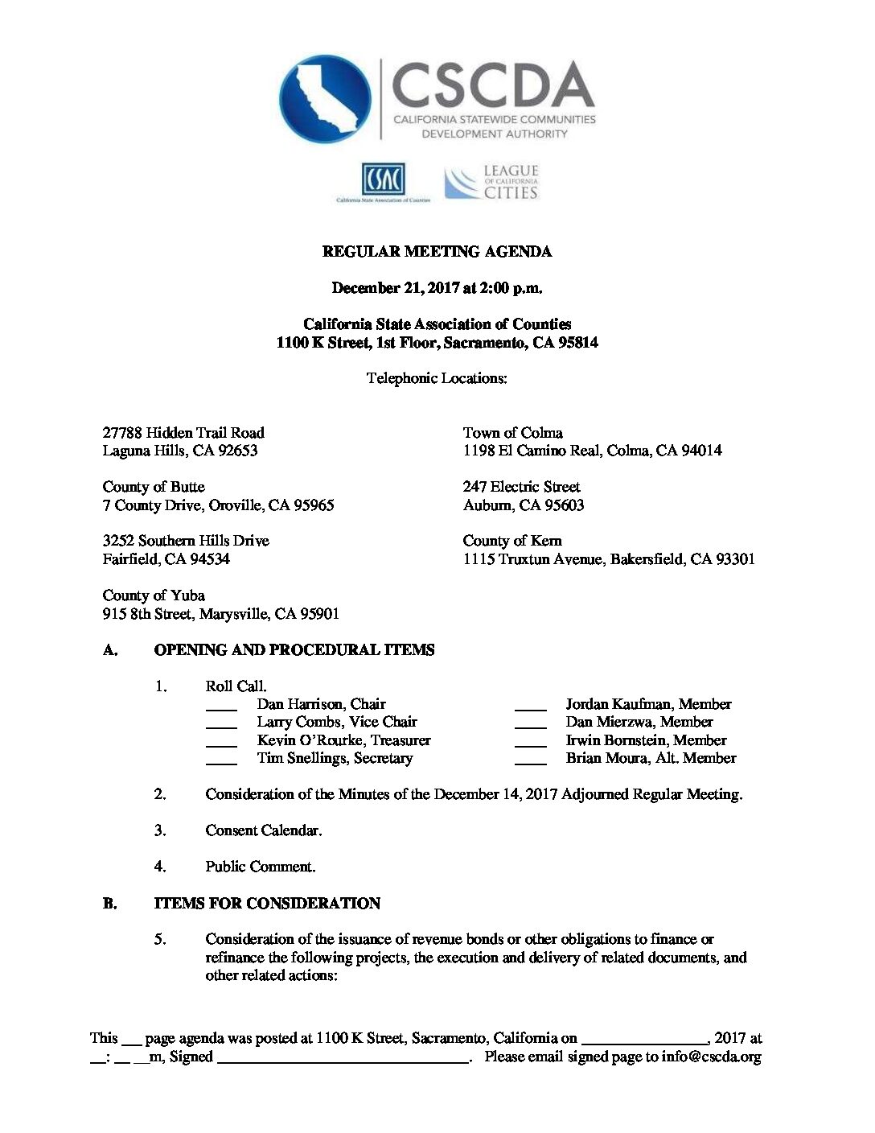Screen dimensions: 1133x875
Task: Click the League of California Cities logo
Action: pos(491,183)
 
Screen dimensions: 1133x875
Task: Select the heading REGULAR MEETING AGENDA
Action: pos(437,252)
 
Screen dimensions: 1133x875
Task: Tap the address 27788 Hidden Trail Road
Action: pos(183,433)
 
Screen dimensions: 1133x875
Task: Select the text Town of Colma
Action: pos(512,433)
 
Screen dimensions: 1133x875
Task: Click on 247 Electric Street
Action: pos(521,487)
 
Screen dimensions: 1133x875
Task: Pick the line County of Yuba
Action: pos(154,595)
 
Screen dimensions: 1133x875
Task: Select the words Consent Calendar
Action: pos(263,830)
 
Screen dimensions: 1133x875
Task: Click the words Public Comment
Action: pos(260,867)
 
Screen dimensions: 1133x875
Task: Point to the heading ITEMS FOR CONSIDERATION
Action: pos(267,904)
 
